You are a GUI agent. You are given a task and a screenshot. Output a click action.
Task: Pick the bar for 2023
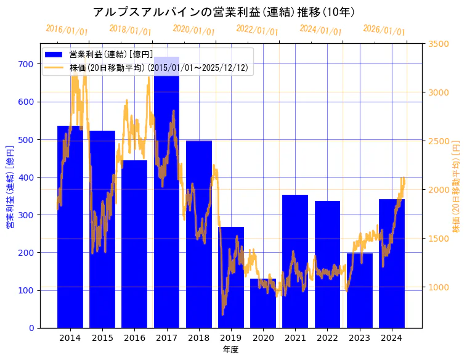point(360,290)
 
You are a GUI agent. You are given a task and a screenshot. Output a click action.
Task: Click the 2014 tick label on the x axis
point(70,338)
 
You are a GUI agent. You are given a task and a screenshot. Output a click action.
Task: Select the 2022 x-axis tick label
point(327,338)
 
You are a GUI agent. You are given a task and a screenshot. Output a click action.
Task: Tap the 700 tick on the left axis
point(26,64)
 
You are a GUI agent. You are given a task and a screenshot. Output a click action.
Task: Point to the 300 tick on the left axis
point(26,215)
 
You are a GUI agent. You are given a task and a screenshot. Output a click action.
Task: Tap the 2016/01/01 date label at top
point(67,30)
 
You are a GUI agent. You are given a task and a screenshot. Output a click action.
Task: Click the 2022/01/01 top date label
point(257,30)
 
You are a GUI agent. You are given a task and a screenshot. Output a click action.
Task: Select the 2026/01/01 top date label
point(384,30)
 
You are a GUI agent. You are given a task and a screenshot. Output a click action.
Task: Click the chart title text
point(224,12)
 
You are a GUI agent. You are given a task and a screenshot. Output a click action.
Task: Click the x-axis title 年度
point(230,350)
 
